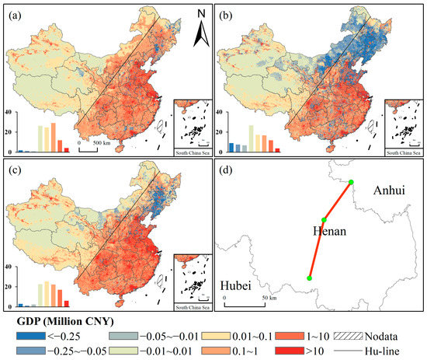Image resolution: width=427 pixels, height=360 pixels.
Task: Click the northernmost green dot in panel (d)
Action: (x=352, y=183)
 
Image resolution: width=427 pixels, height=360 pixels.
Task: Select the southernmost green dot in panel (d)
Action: (x=310, y=278)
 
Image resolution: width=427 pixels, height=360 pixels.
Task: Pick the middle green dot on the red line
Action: (x=324, y=220)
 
